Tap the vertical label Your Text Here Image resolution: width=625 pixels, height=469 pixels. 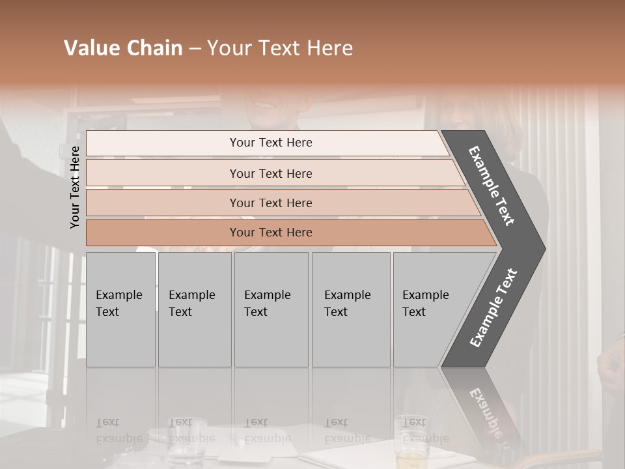coord(75,187)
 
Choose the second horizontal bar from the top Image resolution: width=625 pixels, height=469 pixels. coord(270,173)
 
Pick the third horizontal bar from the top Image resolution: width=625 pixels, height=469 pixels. coord(270,203)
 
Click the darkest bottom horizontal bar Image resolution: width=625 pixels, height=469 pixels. coord(270,233)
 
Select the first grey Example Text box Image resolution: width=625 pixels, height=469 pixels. coord(120,309)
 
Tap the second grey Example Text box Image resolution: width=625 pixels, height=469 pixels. coord(194,309)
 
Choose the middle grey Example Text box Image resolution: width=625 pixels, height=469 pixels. coord(271,309)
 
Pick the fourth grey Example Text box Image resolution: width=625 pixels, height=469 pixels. coord(350,309)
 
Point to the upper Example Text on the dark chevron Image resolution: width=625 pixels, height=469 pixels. coord(492,186)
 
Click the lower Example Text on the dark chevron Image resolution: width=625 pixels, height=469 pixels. coord(493,308)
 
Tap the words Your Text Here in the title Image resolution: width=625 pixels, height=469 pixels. coord(280,48)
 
